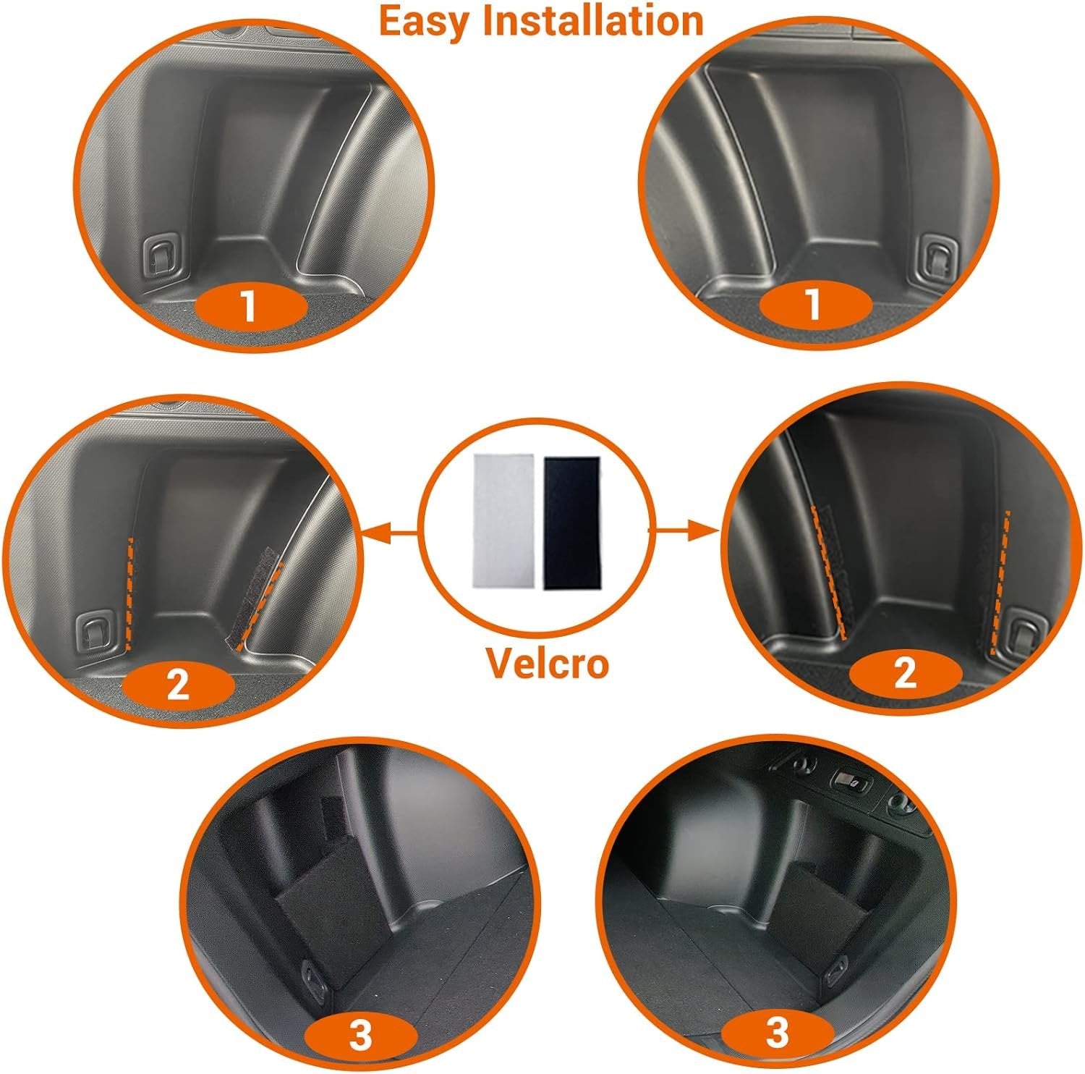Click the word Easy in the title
(x=426, y=20)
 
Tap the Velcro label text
(x=546, y=664)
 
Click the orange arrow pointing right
(x=684, y=532)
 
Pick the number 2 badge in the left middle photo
(x=179, y=684)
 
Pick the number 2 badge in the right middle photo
(x=906, y=675)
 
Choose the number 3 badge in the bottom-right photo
(x=777, y=1032)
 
